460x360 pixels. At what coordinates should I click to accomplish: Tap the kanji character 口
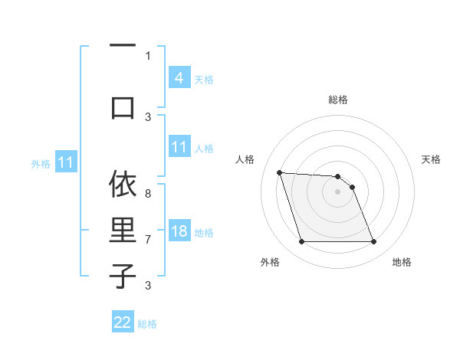[x=123, y=106]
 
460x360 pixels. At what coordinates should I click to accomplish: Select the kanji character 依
[x=123, y=185]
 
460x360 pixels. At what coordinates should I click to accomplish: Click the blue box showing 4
[x=179, y=78]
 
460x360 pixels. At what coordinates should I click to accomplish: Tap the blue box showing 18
[x=179, y=231]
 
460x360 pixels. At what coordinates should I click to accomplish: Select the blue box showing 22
[x=123, y=322]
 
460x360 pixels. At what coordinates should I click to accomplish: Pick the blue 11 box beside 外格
[x=66, y=162]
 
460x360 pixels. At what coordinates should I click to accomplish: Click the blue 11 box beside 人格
[x=179, y=147]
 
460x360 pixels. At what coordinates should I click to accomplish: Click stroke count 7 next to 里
[x=148, y=239]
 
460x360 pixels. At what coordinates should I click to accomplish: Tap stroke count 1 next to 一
[x=148, y=55]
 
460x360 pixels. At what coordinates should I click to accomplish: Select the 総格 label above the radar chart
[x=337, y=100]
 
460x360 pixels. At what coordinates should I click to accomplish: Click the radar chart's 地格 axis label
[x=402, y=262]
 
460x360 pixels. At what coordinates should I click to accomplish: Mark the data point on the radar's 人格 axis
[x=279, y=172]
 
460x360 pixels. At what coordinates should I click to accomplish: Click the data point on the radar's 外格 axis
[x=301, y=242]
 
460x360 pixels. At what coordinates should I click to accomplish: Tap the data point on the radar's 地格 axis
[x=373, y=242]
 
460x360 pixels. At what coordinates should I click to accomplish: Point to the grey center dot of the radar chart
[x=337, y=191]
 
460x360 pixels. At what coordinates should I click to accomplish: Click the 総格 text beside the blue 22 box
[x=147, y=324]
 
